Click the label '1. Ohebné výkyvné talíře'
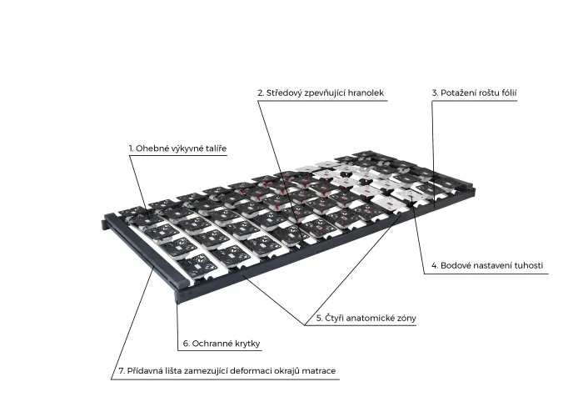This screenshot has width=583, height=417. pyautogui.click(x=177, y=148)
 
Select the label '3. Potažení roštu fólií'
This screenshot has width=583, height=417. pyautogui.click(x=474, y=93)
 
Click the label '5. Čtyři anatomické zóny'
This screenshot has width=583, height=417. pyautogui.click(x=366, y=319)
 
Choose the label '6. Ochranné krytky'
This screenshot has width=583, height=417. pyautogui.click(x=222, y=344)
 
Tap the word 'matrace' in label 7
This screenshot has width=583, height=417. pyautogui.click(x=319, y=371)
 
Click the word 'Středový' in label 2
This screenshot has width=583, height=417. pyautogui.click(x=284, y=93)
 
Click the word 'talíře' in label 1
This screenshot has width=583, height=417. pyautogui.click(x=216, y=148)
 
